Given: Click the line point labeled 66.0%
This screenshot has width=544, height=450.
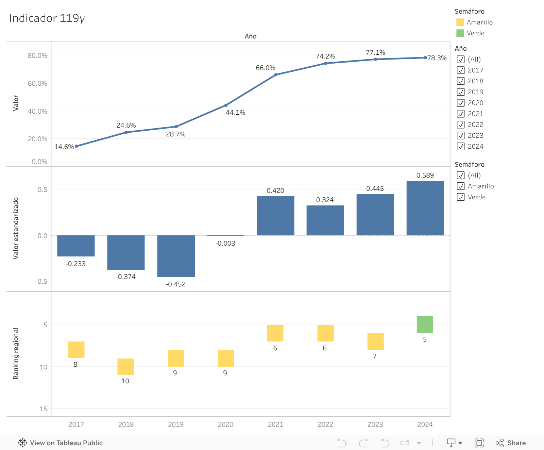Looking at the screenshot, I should [276, 75].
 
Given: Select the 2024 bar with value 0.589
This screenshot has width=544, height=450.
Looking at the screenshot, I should [425, 208].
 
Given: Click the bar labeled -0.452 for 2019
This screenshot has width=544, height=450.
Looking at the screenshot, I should [176, 256].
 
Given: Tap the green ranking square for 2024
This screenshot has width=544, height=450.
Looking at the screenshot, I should [425, 324].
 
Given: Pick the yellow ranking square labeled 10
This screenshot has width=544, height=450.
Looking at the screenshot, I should [125, 366].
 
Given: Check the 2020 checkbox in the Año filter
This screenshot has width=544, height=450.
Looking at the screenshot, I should [461, 103].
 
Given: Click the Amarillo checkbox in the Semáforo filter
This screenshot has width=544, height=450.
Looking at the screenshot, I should [461, 186].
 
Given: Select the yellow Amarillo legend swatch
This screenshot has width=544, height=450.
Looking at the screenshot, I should [460, 22].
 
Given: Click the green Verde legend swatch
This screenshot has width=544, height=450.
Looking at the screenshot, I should [460, 33].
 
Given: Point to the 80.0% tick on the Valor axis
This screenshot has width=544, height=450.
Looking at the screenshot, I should [37, 55].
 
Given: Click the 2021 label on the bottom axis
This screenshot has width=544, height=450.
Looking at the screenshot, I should [275, 424].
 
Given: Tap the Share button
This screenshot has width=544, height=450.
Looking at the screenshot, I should [511, 443].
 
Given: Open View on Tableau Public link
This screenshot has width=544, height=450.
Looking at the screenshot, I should [61, 443].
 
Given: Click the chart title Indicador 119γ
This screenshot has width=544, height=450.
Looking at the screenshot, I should [47, 18].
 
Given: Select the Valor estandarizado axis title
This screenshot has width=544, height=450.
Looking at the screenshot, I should [16, 228].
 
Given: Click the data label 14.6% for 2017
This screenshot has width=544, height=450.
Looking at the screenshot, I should [64, 147].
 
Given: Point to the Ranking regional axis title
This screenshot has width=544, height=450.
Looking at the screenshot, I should [16, 354].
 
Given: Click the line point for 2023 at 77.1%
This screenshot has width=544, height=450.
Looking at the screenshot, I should [375, 59].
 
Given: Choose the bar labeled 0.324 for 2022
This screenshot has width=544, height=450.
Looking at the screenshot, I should [325, 220].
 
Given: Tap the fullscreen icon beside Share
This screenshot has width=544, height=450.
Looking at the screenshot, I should [479, 443].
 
